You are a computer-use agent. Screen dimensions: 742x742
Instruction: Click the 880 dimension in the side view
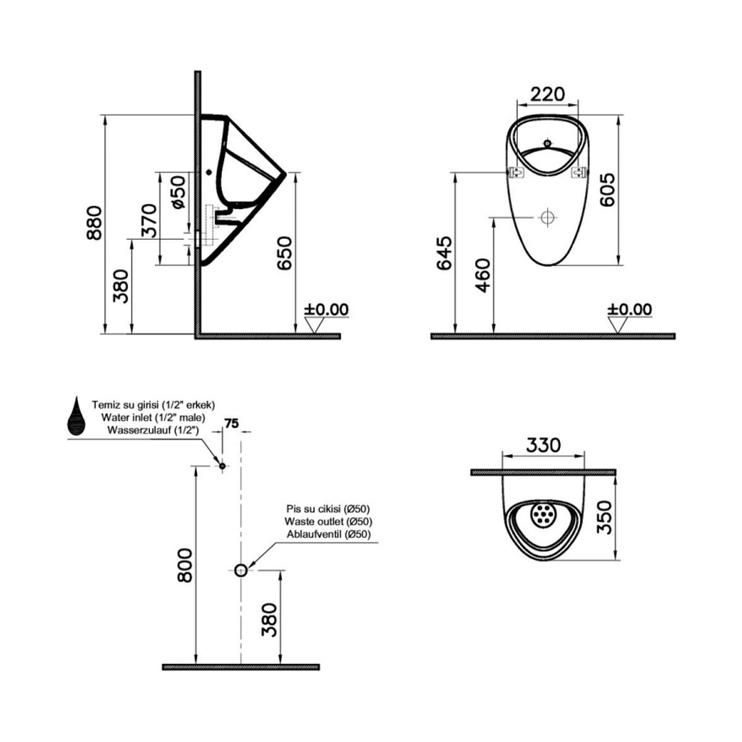coord(94,223)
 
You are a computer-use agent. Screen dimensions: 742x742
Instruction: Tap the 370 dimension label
coord(149,220)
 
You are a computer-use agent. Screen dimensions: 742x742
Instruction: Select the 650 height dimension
coord(285,253)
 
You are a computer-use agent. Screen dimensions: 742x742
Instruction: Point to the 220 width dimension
coord(548,94)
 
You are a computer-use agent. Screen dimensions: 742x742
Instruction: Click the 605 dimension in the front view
coord(608,190)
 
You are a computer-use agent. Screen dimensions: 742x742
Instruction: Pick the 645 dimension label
coord(444,253)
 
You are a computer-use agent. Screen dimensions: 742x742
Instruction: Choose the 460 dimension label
coord(483,275)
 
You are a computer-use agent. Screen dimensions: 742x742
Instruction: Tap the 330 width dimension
coord(543,444)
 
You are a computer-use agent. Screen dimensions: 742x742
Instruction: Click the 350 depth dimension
coord(606,517)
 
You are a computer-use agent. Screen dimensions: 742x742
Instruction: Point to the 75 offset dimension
coord(232,423)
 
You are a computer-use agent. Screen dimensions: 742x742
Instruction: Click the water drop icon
coord(76,416)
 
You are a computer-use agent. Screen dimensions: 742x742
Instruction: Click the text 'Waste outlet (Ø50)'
coord(328,522)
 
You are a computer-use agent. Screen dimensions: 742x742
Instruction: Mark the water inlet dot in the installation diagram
coord(222,465)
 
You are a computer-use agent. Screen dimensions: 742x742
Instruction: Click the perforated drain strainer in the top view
coord(543,514)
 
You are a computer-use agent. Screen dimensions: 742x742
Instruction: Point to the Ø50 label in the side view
coord(178,192)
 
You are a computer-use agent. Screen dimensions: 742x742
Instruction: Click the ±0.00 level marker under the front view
coord(630,310)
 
